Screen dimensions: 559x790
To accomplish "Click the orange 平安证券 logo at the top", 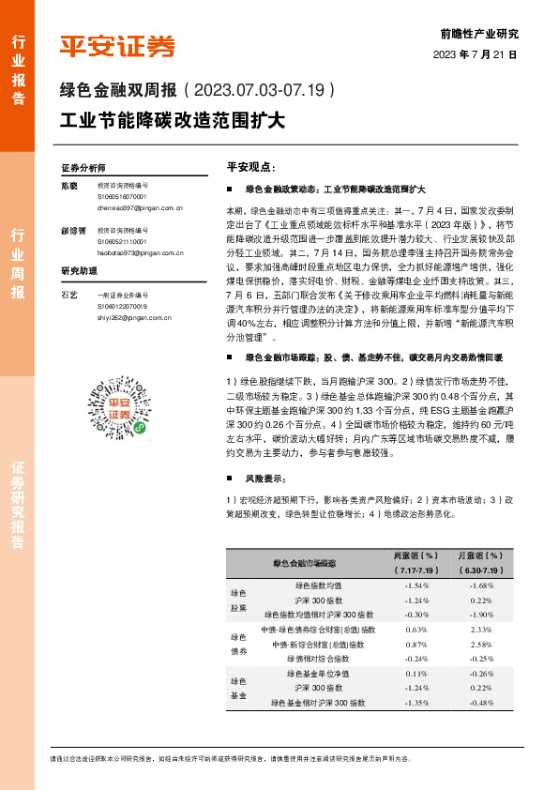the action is [x=117, y=46].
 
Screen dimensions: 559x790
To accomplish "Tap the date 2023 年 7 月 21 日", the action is [x=475, y=53].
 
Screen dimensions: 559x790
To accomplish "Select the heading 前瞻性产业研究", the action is [x=478, y=33].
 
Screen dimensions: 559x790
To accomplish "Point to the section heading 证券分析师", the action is [x=83, y=167].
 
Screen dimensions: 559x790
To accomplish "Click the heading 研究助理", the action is [x=80, y=271].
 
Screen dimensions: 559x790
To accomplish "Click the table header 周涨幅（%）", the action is [x=417, y=556].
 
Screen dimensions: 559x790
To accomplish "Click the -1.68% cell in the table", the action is [x=482, y=585].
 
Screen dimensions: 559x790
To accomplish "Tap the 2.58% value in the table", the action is [x=482, y=645].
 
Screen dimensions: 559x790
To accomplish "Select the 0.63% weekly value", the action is [x=417, y=630].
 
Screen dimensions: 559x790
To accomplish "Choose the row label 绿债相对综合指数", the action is [x=319, y=659].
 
